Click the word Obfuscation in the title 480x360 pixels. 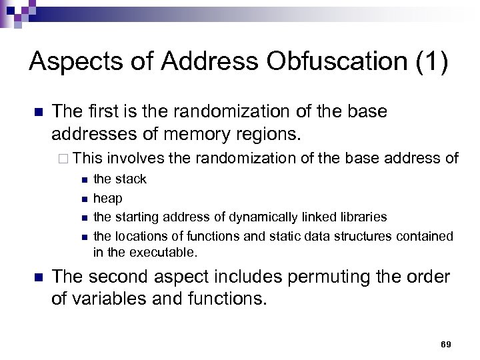[331, 61]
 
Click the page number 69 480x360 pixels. [446, 344]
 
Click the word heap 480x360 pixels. [107, 198]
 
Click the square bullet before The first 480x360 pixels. [38, 112]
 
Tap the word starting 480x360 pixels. [137, 217]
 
